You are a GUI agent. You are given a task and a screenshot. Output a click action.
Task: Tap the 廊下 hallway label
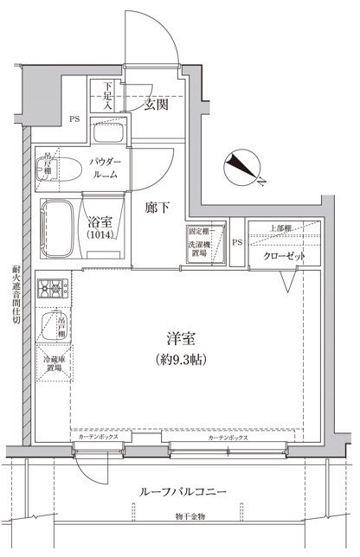click(155, 208)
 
